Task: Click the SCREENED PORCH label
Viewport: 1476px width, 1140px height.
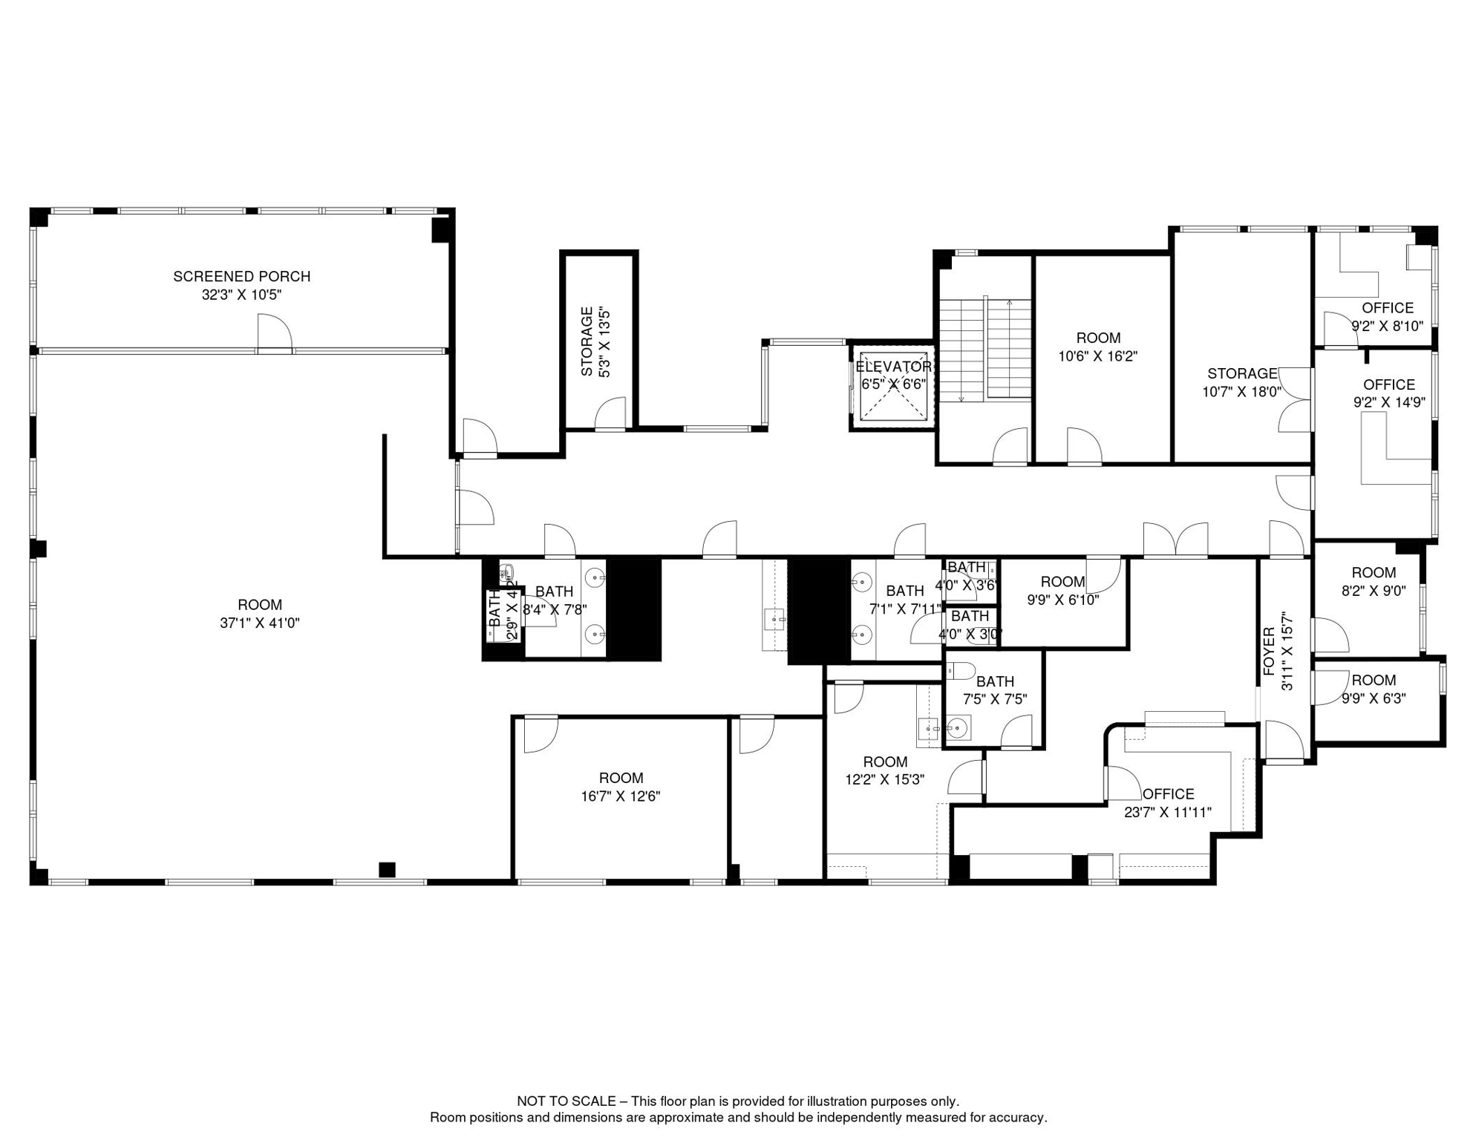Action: tap(241, 277)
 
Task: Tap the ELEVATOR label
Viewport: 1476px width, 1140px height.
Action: tap(893, 367)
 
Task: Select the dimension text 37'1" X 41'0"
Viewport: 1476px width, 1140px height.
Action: tap(259, 623)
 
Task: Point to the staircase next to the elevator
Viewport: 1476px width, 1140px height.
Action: tap(985, 350)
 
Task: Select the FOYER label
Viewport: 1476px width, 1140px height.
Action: tap(1269, 652)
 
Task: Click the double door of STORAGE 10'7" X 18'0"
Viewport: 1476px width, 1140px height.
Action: tap(1296, 400)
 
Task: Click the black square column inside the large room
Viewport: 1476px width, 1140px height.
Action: tap(387, 869)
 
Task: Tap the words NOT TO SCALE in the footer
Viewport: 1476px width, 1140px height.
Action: tap(566, 1101)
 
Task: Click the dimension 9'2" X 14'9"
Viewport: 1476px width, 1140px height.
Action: tap(1388, 403)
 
